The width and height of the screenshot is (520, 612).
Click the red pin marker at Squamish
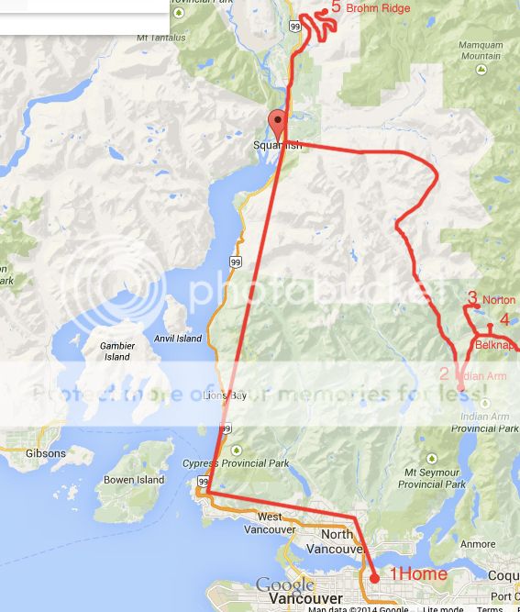pyautogui.click(x=276, y=123)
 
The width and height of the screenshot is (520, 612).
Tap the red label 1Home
pyautogui.click(x=419, y=574)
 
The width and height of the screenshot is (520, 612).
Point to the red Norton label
pyautogui.click(x=499, y=300)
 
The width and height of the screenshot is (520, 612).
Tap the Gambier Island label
pyautogui.click(x=116, y=351)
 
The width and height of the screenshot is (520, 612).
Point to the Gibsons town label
pyautogui.click(x=46, y=453)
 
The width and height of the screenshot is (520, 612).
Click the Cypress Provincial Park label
pyautogui.click(x=236, y=463)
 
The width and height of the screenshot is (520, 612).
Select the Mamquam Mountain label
pyautogui.click(x=481, y=50)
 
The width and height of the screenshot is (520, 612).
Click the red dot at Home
pyautogui.click(x=374, y=578)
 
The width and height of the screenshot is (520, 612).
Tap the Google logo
pyautogui.click(x=284, y=585)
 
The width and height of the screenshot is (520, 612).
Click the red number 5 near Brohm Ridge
pyautogui.click(x=336, y=7)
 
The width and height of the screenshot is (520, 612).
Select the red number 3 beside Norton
pyautogui.click(x=472, y=297)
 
